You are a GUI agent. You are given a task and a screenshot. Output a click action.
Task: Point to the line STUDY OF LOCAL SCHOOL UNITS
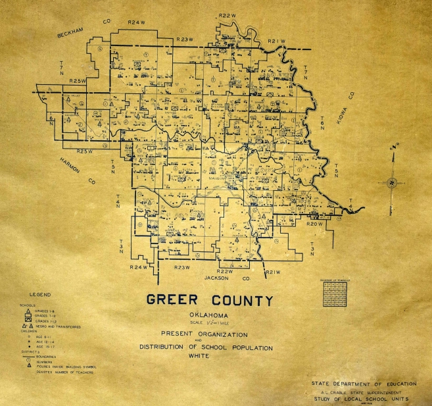(x=360, y=399)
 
